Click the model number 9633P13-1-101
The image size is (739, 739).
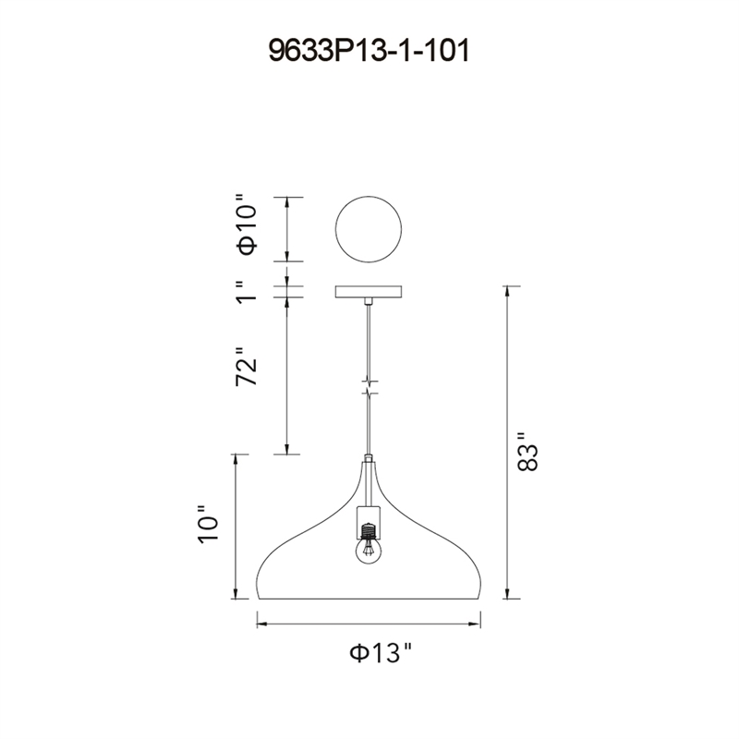(369, 51)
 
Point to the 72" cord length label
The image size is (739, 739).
(248, 367)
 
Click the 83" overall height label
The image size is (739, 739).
(527, 451)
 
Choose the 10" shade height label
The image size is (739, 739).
(208, 525)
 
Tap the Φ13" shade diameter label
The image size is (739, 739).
(381, 653)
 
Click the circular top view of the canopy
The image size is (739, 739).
(369, 229)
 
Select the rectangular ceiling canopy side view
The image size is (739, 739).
(369, 292)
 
